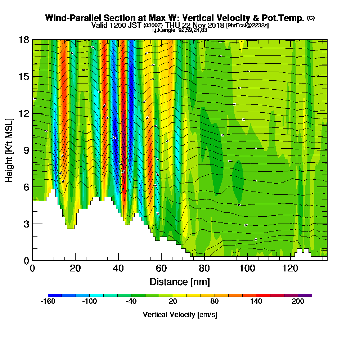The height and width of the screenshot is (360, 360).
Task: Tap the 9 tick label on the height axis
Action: pos(26,150)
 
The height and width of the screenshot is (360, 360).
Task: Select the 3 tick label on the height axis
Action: pos(26,224)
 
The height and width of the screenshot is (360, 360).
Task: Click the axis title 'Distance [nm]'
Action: pos(180,282)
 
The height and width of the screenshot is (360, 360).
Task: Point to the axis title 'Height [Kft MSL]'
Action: pos(9,150)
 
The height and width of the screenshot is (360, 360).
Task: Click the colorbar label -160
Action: pos(48,302)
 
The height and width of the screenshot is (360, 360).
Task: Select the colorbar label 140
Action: pos(256,302)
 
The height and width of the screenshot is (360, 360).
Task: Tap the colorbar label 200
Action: pos(298,302)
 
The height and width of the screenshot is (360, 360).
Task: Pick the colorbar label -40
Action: pos(131,302)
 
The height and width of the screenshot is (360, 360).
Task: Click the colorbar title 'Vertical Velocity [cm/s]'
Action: pos(180,315)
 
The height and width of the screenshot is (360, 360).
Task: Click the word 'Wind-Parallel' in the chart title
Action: pos(70,18)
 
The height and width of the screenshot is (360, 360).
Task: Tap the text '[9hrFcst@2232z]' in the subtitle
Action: pos(247,26)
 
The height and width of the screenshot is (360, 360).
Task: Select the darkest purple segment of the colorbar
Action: pos(305,295)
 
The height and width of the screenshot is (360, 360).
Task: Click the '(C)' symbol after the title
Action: pos(311,18)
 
